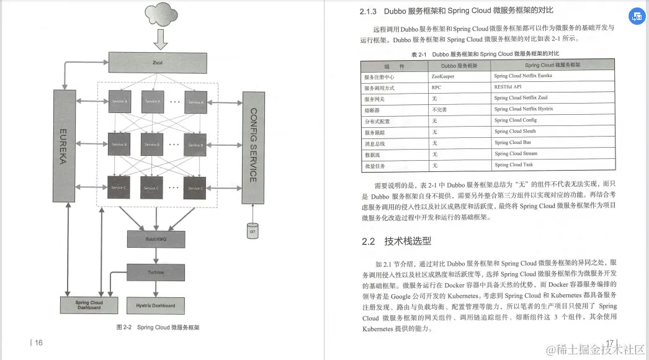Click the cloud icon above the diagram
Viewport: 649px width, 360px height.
pyautogui.click(x=160, y=14)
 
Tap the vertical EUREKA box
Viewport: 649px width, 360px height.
pyautogui.click(x=68, y=145)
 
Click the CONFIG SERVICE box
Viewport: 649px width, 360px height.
pyautogui.click(x=253, y=146)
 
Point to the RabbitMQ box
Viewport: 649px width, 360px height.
pyautogui.click(x=156, y=238)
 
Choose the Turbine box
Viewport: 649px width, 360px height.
pyautogui.click(x=156, y=272)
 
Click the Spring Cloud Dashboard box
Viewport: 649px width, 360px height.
pyautogui.click(x=89, y=305)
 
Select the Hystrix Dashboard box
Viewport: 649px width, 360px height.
pyautogui.click(x=156, y=305)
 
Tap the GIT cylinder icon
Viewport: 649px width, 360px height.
pyautogui.click(x=252, y=231)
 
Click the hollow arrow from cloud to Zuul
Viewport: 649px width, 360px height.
pyautogui.click(x=160, y=40)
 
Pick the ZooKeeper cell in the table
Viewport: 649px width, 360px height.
pyautogui.click(x=443, y=76)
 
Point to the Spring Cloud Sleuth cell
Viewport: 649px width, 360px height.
pyautogui.click(x=515, y=132)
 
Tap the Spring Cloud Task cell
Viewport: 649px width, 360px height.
pyautogui.click(x=514, y=165)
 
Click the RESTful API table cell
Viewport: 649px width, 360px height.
pyautogui.click(x=508, y=88)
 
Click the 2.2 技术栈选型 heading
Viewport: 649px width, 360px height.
pyautogui.click(x=396, y=241)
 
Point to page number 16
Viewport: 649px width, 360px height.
pyautogui.click(x=38, y=342)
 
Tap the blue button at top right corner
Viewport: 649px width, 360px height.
pyautogui.click(x=637, y=16)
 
